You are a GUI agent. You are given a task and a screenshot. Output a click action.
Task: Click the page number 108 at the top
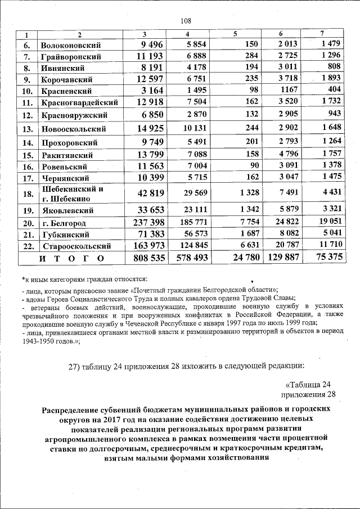pyautogui.click(x=186, y=21)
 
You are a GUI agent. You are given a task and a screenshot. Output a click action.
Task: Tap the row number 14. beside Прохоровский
pyautogui.click(x=26, y=143)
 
